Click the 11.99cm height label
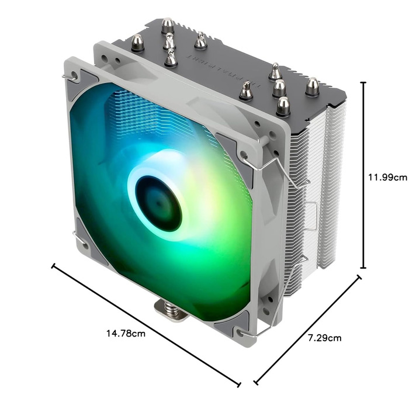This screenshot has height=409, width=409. pos(387,178)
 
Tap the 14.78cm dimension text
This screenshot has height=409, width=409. pos(126,334)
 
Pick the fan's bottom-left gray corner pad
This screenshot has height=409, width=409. pos(88,238)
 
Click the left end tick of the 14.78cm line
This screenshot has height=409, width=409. pos(54,267)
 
